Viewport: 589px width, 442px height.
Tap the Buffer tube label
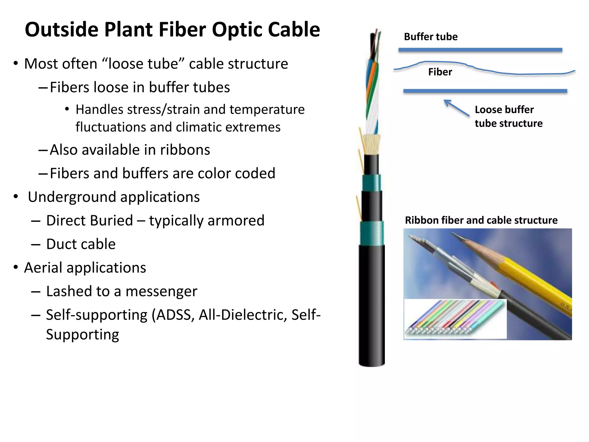431,37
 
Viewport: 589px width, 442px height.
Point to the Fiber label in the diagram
440,72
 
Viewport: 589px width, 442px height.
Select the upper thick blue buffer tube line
480,50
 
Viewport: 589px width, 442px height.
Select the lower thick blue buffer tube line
485,91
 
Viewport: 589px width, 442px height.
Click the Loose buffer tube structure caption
508,117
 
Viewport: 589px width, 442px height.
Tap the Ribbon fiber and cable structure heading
481,220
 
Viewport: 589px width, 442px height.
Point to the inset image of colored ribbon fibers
455,319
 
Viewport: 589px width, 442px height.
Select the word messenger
161,291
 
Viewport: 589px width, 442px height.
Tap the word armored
236,221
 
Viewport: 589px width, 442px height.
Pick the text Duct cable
81,244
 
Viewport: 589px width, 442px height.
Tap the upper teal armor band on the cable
371,183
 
